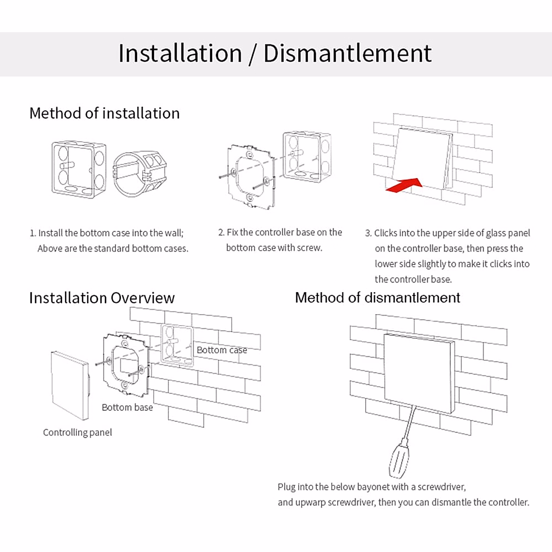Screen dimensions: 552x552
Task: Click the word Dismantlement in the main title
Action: point(347,53)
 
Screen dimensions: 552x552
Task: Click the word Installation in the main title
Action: point(180,53)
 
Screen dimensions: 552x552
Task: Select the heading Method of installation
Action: point(104,113)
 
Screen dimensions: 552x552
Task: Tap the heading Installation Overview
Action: point(102,298)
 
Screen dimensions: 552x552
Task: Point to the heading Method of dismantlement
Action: point(377,298)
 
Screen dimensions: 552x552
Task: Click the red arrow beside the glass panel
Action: point(404,185)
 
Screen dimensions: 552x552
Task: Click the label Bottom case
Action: point(222,350)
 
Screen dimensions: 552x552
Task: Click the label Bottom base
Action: point(127,408)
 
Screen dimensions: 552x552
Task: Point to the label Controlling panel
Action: point(77,432)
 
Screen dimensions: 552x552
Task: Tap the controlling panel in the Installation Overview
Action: point(69,385)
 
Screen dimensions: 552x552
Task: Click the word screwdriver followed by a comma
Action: point(442,487)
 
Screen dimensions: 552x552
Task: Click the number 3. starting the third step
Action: point(368,233)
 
